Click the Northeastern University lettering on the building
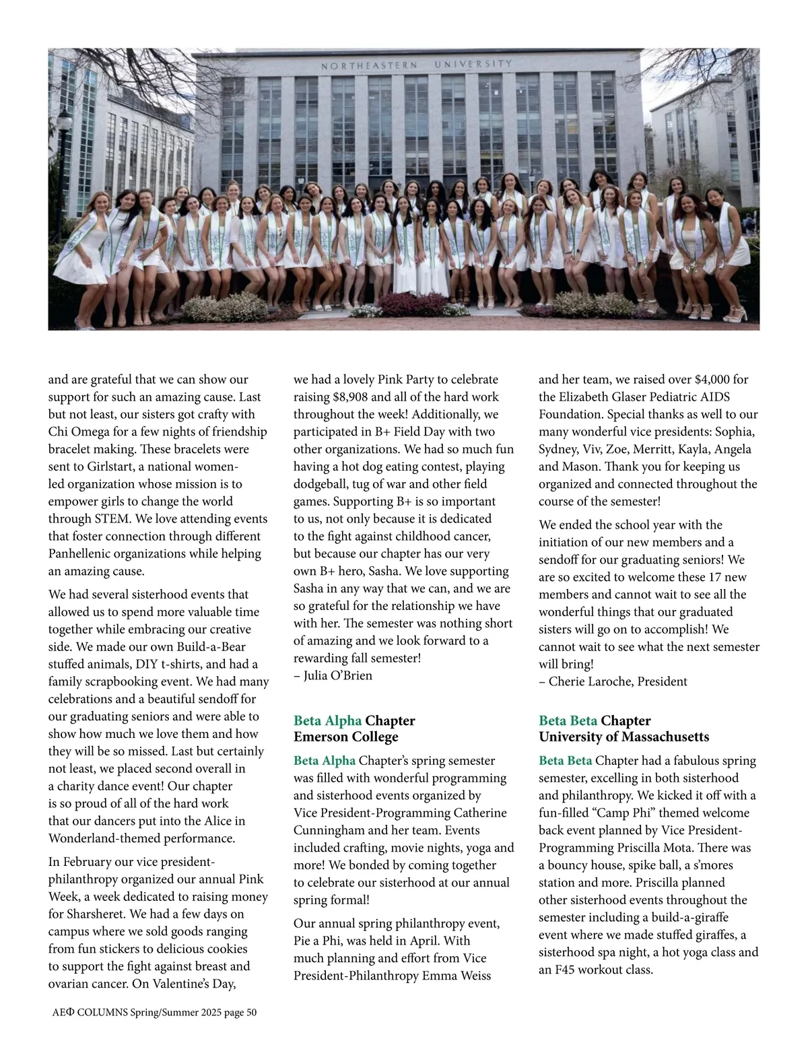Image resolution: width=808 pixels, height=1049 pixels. pos(416,65)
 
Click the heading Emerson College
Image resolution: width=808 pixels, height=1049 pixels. pos(345,737)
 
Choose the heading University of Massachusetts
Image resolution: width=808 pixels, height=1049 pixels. pos(624,737)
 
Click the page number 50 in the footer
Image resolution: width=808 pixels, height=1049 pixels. pos(250,1013)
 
